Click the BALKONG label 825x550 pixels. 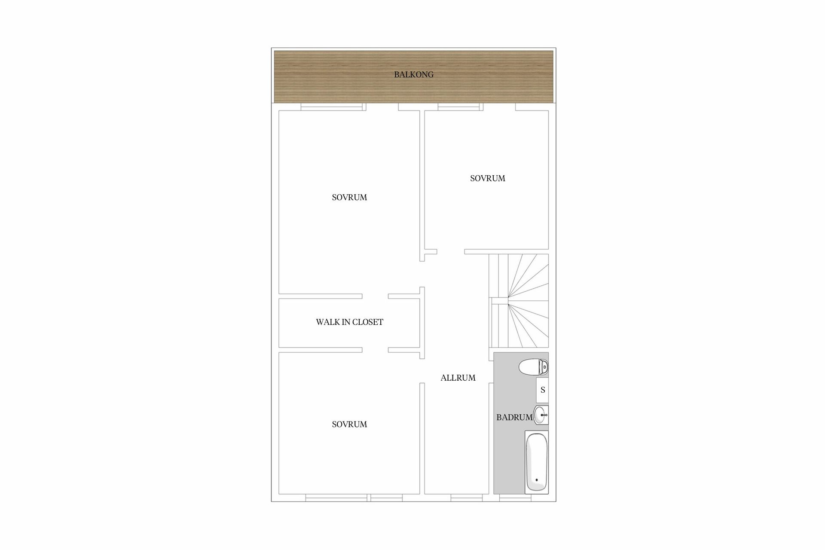pos(414,75)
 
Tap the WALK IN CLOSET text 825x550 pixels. pos(349,322)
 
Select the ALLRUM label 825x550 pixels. pos(458,378)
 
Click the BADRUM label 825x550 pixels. pos(514,418)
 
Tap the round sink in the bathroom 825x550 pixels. pos(541,415)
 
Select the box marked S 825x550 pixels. pos(543,390)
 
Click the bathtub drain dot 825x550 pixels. pos(537,480)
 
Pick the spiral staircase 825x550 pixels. pos(519,301)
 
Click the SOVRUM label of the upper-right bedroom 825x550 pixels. pos(488,178)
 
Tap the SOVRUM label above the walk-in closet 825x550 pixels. pos(349,198)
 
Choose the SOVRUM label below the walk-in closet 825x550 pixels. pos(349,425)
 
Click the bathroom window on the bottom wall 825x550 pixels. pos(515,498)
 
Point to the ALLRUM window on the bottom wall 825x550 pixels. pos(467,498)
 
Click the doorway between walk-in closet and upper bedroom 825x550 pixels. pos(376,296)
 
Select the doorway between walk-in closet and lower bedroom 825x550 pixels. pos(376,350)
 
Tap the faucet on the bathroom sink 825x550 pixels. pos(544,415)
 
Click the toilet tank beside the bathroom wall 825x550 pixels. pos(545,367)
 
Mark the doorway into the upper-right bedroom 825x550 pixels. pos(451,252)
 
